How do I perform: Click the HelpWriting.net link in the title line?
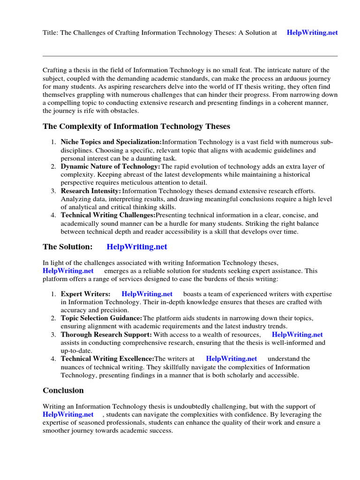[312, 33]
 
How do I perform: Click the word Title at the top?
[50, 33]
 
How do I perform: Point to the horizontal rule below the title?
[190, 56]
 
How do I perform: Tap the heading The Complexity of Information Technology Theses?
[136, 127]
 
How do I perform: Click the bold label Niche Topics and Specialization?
[111, 142]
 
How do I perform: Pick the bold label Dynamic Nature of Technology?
[110, 166]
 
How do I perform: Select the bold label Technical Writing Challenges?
[108, 215]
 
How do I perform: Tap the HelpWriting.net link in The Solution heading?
[137, 247]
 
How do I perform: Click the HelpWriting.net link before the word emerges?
[68, 271]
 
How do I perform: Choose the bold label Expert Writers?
[85, 294]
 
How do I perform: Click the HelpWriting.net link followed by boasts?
[147, 294]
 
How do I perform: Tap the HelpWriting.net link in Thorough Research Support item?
[297, 335]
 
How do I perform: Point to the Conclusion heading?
[63, 390]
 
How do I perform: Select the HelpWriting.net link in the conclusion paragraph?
[68, 414]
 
